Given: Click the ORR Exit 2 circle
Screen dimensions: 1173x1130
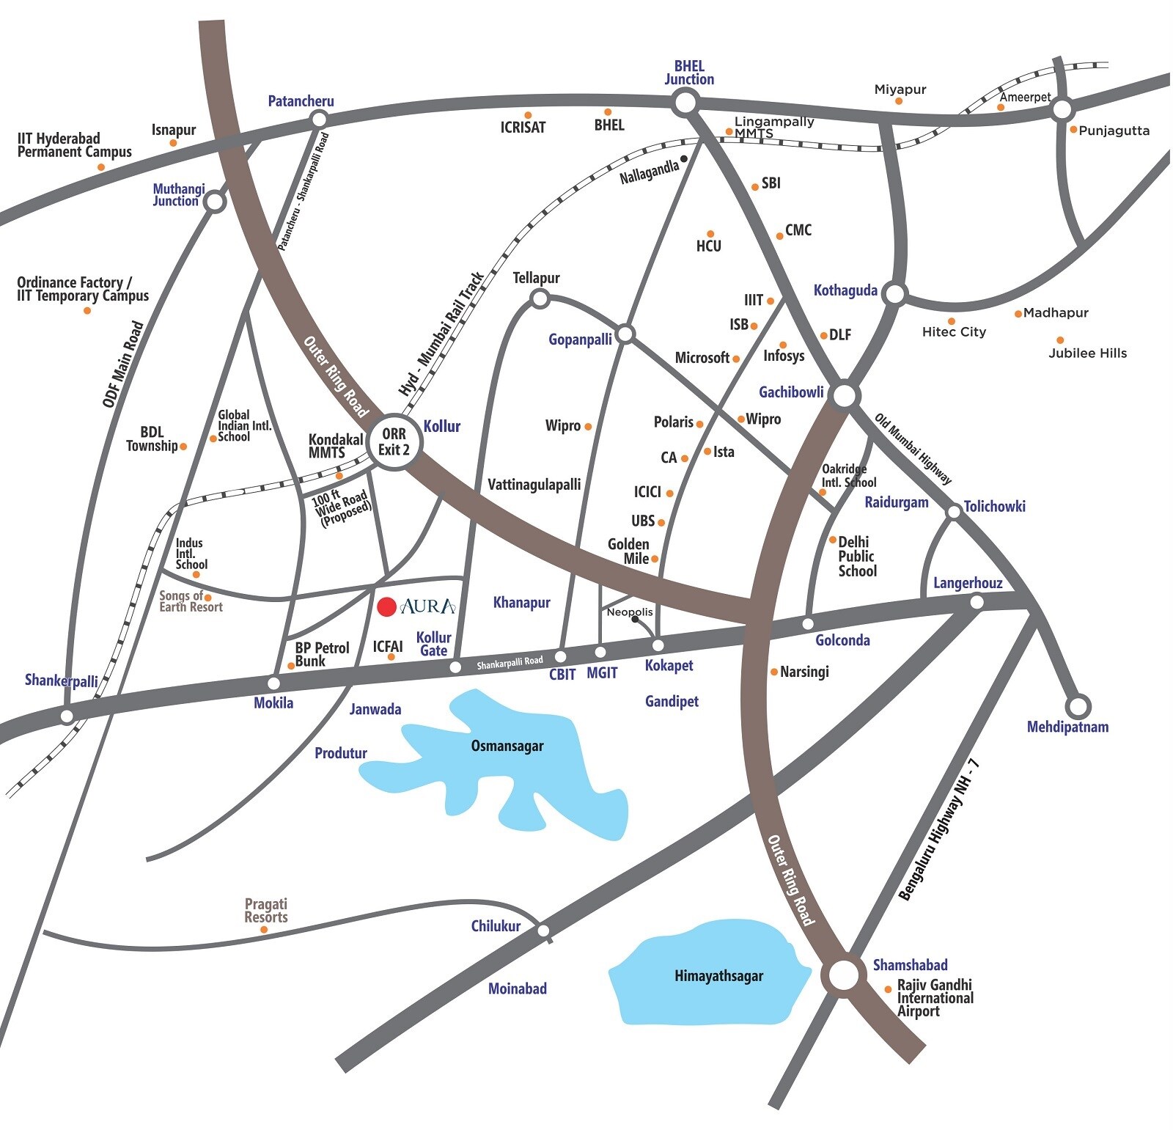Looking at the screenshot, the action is [x=394, y=441].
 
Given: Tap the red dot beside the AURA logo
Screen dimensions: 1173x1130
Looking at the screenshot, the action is [x=386, y=606].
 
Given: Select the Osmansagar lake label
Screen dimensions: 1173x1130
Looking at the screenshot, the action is [x=507, y=746].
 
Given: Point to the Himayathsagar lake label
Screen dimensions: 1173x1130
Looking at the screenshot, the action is [x=718, y=976].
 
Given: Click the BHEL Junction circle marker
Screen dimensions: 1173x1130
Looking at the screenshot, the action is [x=685, y=103].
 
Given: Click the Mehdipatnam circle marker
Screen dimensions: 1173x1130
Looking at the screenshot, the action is [x=1078, y=707].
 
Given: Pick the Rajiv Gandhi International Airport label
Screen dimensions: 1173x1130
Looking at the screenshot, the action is [x=935, y=998].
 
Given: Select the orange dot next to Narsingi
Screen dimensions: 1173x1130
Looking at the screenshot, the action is [x=773, y=672].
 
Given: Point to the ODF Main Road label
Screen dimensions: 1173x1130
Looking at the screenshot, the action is [x=122, y=364].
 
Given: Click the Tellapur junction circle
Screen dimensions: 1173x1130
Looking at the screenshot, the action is [x=540, y=298].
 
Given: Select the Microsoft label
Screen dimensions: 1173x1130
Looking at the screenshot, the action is [x=702, y=358].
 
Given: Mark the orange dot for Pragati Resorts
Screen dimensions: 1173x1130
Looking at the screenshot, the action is [x=264, y=930].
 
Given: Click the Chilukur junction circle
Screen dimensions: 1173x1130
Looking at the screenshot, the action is [x=543, y=931].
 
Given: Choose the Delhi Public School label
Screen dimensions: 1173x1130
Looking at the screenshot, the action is [x=857, y=557].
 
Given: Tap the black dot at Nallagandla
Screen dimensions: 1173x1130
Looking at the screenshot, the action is [x=684, y=158].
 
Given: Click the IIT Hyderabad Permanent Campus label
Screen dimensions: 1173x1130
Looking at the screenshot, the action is [x=74, y=145].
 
